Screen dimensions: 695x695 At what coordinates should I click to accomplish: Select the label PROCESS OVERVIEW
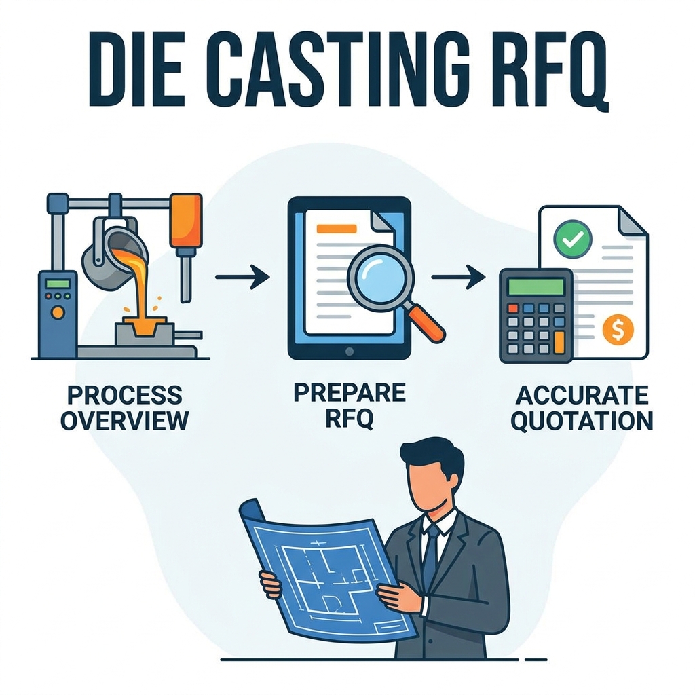click(x=125, y=408)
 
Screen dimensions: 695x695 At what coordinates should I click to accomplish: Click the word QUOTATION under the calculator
click(x=582, y=421)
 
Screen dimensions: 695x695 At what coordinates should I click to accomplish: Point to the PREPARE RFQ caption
click(x=350, y=405)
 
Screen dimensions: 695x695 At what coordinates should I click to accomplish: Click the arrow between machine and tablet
click(x=242, y=277)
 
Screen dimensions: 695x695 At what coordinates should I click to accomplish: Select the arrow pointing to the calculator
click(x=458, y=277)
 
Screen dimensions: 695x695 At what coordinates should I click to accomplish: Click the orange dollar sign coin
click(x=618, y=329)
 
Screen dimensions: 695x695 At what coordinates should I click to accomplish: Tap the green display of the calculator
click(x=536, y=286)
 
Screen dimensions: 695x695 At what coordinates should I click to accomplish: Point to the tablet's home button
click(x=350, y=352)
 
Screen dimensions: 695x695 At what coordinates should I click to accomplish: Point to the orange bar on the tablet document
click(x=337, y=229)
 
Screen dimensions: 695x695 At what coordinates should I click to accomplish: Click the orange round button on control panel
click(x=57, y=312)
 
